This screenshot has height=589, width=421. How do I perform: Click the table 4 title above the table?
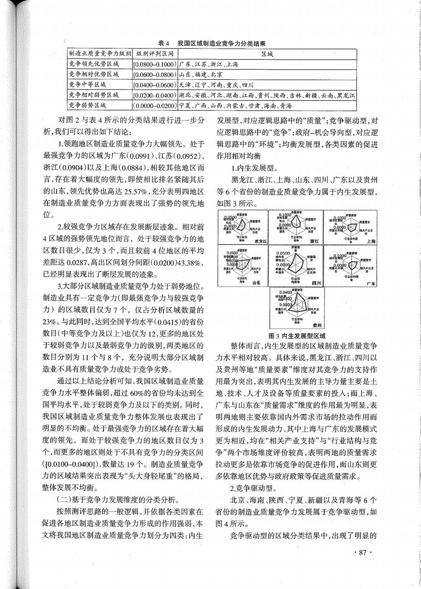[212, 43]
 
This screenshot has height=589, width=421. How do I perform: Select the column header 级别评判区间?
[155, 54]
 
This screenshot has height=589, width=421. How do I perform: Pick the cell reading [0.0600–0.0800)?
[155, 74]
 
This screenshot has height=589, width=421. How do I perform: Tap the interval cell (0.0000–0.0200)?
[155, 105]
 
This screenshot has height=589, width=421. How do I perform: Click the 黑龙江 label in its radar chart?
[260, 241]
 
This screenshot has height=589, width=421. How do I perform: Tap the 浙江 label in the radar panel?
[314, 241]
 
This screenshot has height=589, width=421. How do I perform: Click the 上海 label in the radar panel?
[371, 241]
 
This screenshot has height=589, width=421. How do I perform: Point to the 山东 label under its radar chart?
[256, 282]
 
